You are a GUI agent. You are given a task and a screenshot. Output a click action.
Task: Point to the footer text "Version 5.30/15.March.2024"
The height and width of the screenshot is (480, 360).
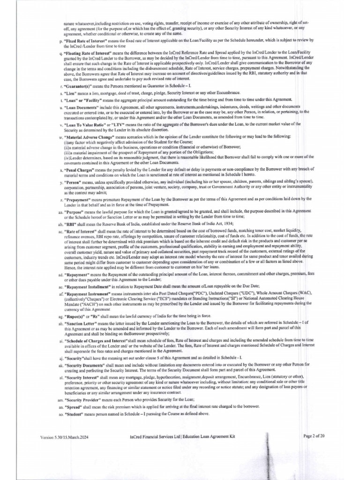64,437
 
